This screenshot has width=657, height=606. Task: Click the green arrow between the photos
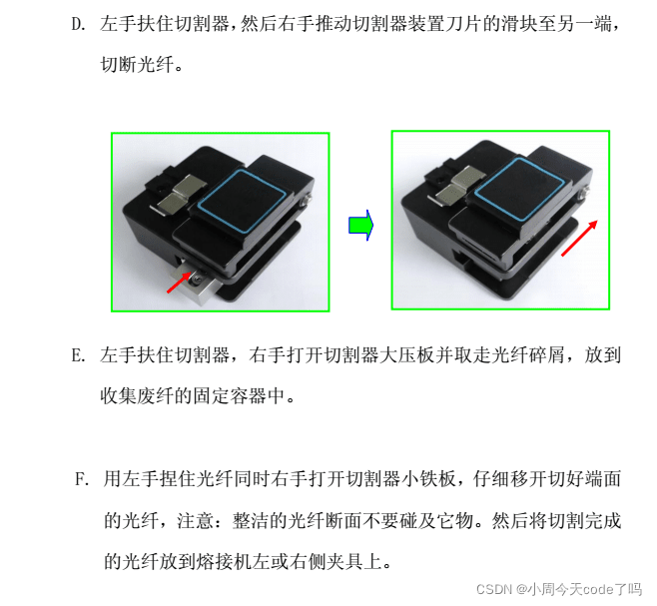(x=360, y=226)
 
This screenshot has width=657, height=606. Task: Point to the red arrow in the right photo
(x=579, y=238)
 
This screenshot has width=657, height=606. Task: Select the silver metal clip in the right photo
(x=458, y=186)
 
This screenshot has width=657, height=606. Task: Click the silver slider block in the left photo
(x=196, y=283)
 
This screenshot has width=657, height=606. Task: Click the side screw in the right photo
(x=585, y=192)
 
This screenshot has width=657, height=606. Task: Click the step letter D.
(x=78, y=24)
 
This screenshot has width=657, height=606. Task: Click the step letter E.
(x=78, y=355)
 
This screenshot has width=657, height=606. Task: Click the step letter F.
(x=82, y=479)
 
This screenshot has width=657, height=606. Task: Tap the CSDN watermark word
(x=494, y=589)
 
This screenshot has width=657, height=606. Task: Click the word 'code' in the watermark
(x=596, y=590)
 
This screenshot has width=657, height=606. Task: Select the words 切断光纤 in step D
(x=137, y=65)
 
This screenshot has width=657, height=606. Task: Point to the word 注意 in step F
(x=196, y=521)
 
